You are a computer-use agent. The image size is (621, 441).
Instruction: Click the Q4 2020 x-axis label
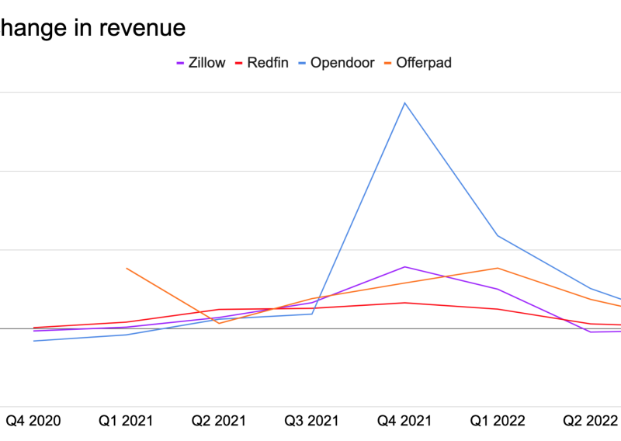click(x=33, y=421)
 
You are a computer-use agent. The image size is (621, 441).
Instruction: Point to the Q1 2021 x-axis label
click(x=126, y=421)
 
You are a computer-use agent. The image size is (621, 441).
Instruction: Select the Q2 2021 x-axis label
click(x=219, y=421)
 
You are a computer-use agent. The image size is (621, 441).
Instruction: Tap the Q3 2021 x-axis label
click(x=312, y=421)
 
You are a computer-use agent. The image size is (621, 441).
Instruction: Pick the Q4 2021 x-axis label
click(x=404, y=421)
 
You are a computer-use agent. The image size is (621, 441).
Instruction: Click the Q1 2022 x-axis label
click(x=498, y=421)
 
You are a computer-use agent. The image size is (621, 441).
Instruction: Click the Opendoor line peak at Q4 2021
click(x=404, y=102)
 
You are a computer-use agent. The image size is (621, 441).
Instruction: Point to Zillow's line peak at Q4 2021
click(x=404, y=266)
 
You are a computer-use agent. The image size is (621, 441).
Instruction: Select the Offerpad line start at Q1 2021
click(x=127, y=268)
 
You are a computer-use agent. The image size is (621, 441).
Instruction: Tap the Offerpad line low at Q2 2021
click(x=219, y=323)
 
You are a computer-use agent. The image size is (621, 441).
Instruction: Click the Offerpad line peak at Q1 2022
click(x=498, y=268)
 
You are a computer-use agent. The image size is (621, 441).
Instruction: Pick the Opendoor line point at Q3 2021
click(x=312, y=314)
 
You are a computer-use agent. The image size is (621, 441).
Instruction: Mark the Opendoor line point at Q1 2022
click(x=498, y=236)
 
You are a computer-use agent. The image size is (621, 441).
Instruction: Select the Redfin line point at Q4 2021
click(x=404, y=303)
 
